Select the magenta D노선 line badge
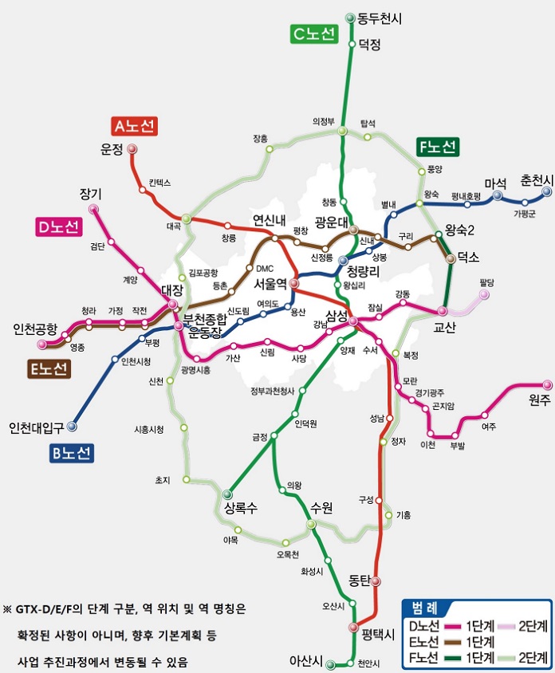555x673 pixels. (x=58, y=227)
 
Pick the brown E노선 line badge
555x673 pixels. (x=49, y=368)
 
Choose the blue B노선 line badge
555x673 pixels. (x=69, y=453)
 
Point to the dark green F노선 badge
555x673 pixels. (x=436, y=147)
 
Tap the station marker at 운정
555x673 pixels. (x=132, y=149)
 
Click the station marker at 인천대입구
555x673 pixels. (x=72, y=426)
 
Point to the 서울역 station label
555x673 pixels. (x=270, y=284)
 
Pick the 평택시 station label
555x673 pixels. (x=378, y=635)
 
